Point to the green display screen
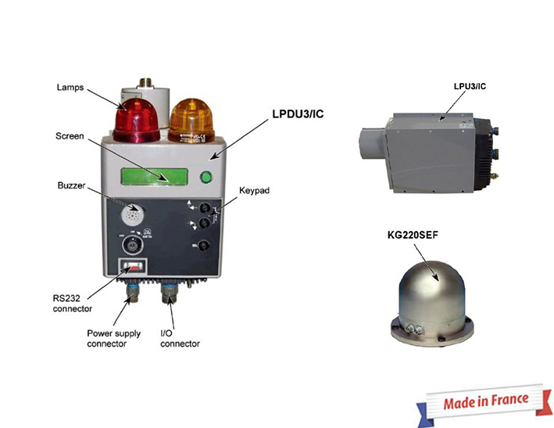[x=155, y=176]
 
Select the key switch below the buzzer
[x=132, y=244]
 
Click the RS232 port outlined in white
[x=132, y=268]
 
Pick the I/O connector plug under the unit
[x=169, y=296]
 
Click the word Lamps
[x=71, y=87]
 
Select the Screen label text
[x=70, y=136]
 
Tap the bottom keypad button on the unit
[x=203, y=246]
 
